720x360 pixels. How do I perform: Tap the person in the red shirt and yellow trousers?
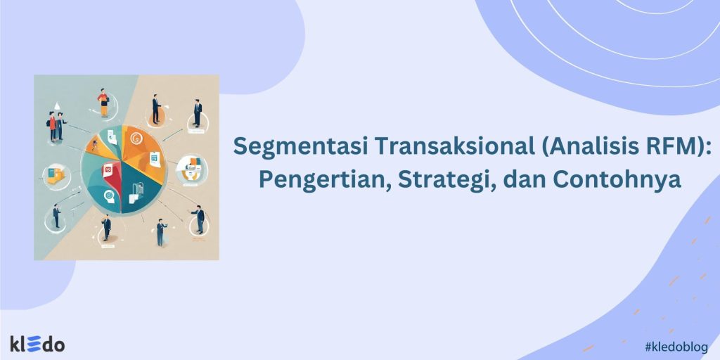coord(103,102)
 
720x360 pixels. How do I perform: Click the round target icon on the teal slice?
coord(109,195)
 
